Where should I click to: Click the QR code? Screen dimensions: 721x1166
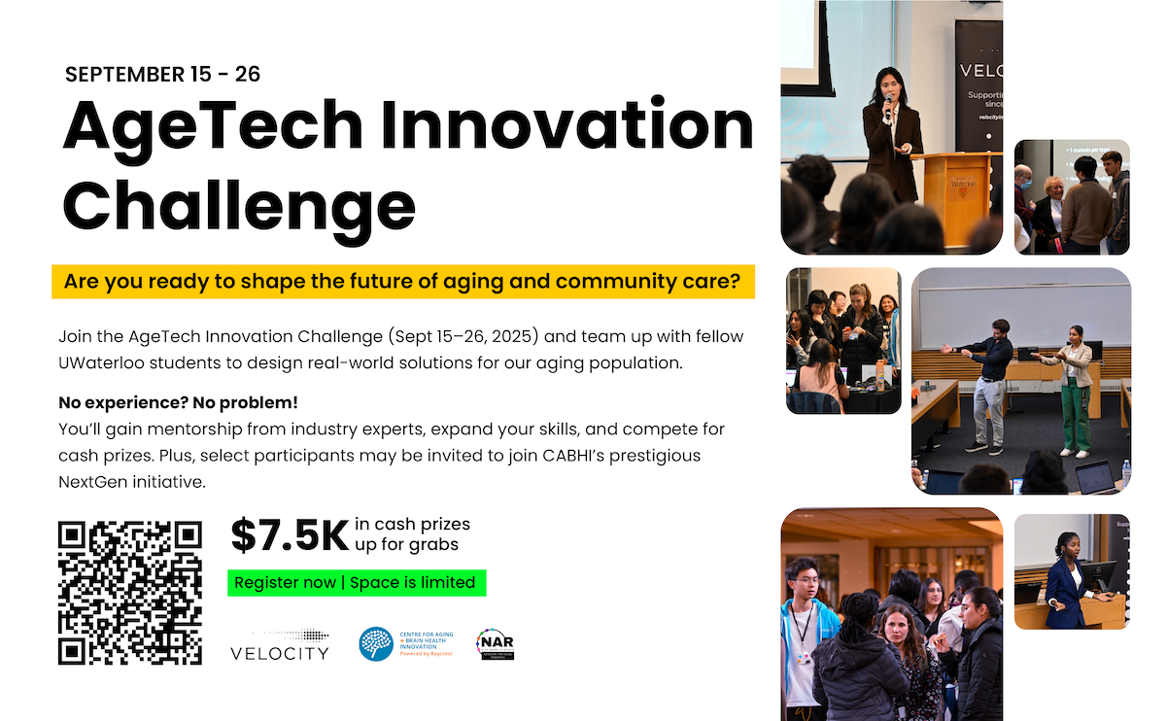[x=130, y=593]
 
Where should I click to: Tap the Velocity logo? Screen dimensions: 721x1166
[x=280, y=644]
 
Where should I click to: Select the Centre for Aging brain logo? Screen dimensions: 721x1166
[x=376, y=643]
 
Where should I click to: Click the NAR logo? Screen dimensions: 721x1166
[x=495, y=643]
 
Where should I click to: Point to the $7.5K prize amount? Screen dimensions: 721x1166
[x=289, y=534]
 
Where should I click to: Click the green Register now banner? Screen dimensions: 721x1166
[x=356, y=583]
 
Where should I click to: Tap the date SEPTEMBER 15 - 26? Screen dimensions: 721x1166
[x=162, y=75]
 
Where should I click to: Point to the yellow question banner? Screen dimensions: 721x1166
[x=403, y=283]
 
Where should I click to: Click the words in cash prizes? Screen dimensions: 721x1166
[x=412, y=525]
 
